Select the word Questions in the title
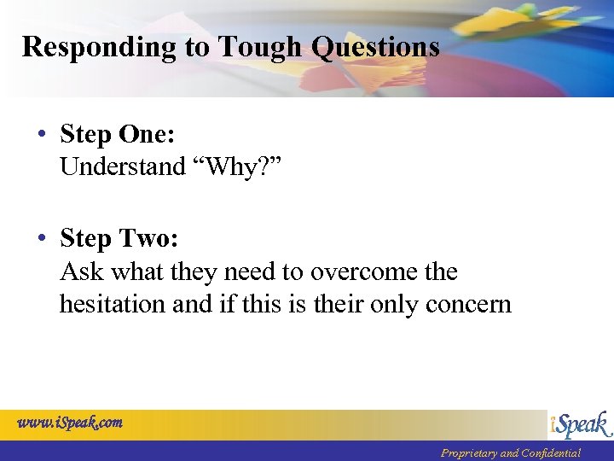click(x=376, y=46)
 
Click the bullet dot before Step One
click(x=42, y=136)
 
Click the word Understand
click(x=123, y=166)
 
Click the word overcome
click(x=362, y=272)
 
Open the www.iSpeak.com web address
click(x=70, y=422)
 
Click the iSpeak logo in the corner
click(x=579, y=424)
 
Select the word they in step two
click(x=192, y=272)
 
